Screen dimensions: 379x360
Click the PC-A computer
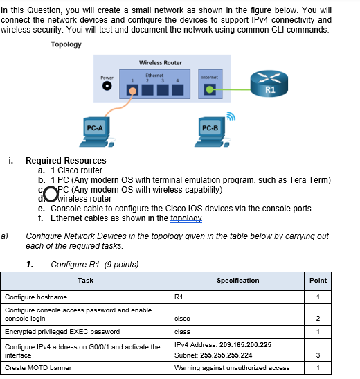click(x=95, y=132)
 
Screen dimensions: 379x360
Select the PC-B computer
click(x=210, y=132)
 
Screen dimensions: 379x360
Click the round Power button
click(x=107, y=88)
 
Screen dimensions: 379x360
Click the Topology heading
click(x=66, y=44)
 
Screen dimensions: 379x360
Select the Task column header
click(x=86, y=281)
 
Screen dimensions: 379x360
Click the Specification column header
click(x=237, y=281)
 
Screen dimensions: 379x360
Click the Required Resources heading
click(x=66, y=161)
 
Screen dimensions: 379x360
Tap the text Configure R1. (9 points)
click(x=95, y=264)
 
